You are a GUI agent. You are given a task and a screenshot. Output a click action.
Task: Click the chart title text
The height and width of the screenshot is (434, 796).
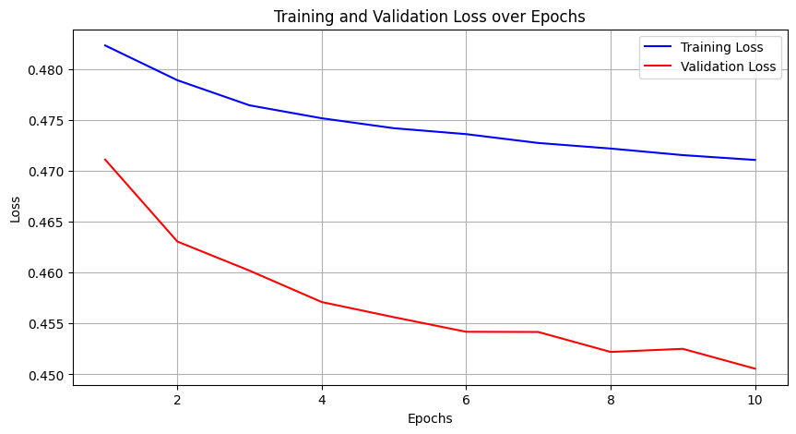429,17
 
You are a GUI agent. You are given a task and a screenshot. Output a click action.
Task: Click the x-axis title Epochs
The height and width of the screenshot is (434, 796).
429,418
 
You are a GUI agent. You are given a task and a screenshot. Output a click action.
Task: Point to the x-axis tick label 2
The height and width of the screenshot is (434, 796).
177,399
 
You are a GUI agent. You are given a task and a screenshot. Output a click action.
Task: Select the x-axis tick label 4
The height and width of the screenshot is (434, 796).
322,399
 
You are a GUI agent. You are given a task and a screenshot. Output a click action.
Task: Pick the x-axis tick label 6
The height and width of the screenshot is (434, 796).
466,399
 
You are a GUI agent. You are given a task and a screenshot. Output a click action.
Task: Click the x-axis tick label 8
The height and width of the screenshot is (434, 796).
611,399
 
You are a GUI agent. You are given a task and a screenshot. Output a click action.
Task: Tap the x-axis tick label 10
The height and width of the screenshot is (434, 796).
754,399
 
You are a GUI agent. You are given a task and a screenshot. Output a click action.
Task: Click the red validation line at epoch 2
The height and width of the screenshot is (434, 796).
177,242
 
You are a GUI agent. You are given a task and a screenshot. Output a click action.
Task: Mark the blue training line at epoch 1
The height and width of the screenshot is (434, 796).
105,45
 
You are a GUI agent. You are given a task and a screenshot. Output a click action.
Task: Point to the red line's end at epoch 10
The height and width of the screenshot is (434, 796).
754,368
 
